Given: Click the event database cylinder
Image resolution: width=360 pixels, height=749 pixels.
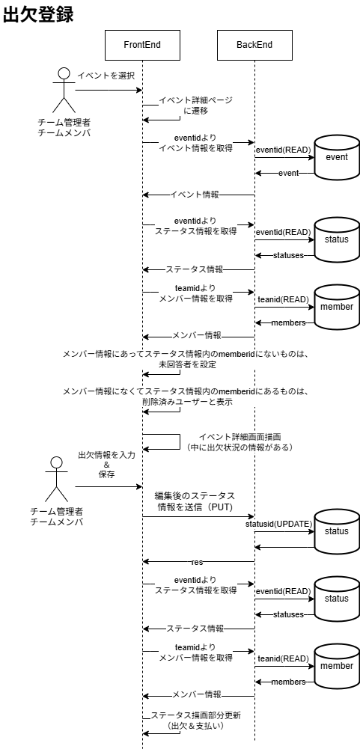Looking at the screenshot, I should click(336, 158).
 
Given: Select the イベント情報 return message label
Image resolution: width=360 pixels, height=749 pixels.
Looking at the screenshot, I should click(195, 195).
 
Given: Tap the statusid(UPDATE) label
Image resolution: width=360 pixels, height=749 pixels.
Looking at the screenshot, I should click(278, 524).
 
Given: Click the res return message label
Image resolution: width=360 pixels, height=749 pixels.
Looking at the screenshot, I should click(197, 562).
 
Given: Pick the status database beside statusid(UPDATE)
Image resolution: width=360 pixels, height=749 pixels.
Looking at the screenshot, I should click(336, 532).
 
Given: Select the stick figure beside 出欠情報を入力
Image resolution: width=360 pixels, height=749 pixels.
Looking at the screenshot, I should click(56, 479).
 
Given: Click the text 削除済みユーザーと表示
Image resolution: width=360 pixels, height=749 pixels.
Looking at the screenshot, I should click(187, 402).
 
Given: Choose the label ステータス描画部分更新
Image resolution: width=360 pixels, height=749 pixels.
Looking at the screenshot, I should click(195, 715).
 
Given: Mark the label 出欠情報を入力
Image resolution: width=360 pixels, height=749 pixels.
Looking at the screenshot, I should click(106, 455).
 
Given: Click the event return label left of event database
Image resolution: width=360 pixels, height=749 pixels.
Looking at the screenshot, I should click(288, 173).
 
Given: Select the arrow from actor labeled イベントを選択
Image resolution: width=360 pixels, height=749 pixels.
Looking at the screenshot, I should click(109, 91).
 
